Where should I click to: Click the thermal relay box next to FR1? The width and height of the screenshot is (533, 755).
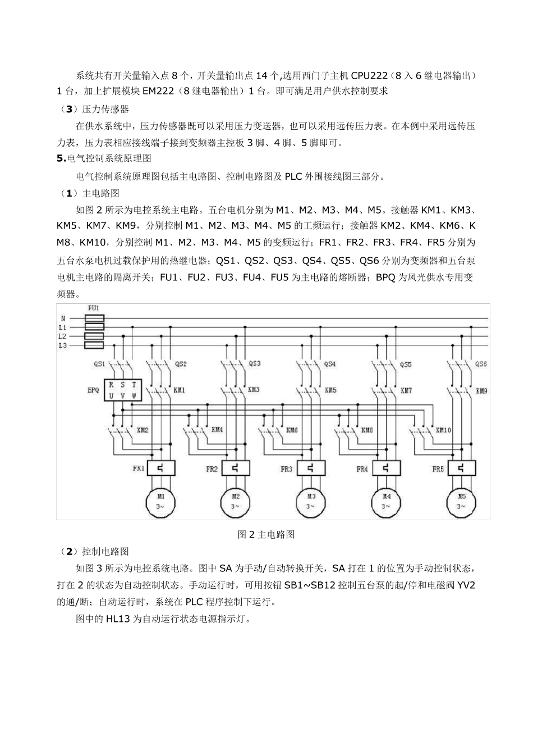click(160, 469)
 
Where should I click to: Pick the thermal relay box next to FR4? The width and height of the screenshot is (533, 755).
click(386, 469)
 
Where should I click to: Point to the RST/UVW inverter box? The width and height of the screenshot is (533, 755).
click(122, 390)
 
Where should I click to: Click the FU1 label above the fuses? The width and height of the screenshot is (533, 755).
click(94, 308)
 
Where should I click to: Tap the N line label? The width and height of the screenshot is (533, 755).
click(63, 318)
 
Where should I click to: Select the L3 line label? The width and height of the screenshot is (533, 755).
click(63, 345)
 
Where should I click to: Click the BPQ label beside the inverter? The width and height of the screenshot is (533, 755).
click(93, 390)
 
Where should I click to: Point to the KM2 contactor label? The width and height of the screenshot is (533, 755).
click(143, 430)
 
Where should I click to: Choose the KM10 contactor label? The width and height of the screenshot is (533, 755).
click(443, 430)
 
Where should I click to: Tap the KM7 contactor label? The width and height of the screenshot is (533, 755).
click(406, 390)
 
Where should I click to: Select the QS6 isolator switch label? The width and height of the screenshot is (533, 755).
click(481, 363)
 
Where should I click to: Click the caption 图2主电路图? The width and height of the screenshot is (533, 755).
click(266, 534)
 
